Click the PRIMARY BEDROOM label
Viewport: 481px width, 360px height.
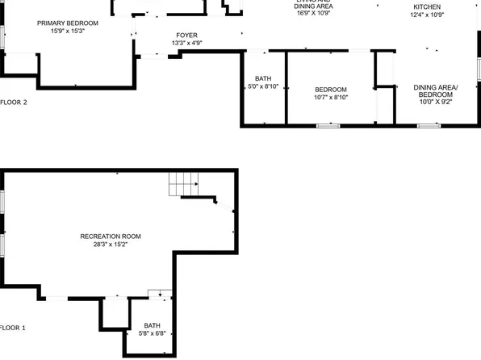click(x=67, y=23)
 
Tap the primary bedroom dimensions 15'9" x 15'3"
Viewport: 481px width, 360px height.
click(x=67, y=31)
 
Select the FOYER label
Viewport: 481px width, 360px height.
click(x=186, y=36)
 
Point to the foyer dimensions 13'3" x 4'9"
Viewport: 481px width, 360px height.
click(x=186, y=44)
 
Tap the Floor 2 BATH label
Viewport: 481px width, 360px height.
click(x=263, y=78)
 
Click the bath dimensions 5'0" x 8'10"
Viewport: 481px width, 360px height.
click(x=263, y=86)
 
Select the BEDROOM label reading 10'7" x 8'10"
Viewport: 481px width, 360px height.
click(x=331, y=89)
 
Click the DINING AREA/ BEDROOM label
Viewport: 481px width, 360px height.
click(x=435, y=90)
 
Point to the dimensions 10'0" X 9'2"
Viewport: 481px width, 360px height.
click(x=435, y=103)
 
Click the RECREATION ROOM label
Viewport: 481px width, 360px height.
click(x=111, y=236)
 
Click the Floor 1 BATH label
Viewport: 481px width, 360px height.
click(x=153, y=325)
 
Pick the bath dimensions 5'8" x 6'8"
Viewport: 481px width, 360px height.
click(x=153, y=333)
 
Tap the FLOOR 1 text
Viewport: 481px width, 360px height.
click(x=13, y=328)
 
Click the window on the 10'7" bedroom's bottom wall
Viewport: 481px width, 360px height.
click(x=327, y=125)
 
